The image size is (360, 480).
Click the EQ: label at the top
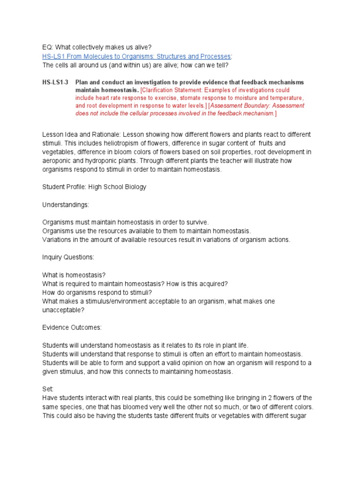point(48,47)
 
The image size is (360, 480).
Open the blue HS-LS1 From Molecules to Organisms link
point(136,56)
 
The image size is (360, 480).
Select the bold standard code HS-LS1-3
point(55,82)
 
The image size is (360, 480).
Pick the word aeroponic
point(58,161)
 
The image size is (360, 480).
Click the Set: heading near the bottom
point(48,389)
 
